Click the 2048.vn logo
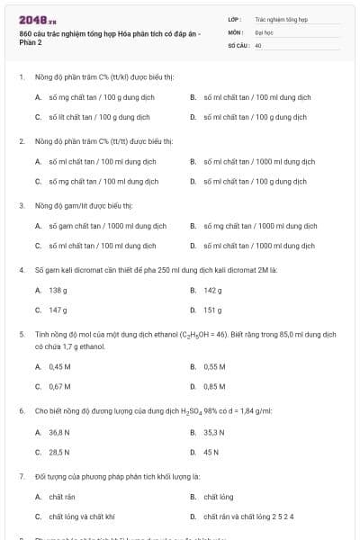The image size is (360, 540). point(31,19)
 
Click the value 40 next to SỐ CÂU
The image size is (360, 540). point(258,44)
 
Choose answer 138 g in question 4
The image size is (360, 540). point(58,290)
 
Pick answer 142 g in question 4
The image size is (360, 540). point(212,290)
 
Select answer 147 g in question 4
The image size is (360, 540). point(58,310)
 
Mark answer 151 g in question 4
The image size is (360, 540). point(212,310)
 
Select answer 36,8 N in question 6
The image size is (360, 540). point(60,432)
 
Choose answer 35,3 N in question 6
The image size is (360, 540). point(215,432)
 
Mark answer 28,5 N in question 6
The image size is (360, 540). point(60,452)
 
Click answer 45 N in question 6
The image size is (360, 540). point(211,452)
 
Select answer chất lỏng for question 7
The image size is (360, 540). point(218,497)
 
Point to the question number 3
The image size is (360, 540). point(22,205)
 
